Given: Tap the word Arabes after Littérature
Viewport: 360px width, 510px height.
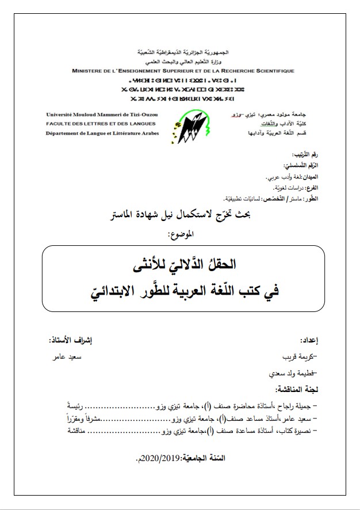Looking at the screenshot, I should [x=146, y=133].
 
